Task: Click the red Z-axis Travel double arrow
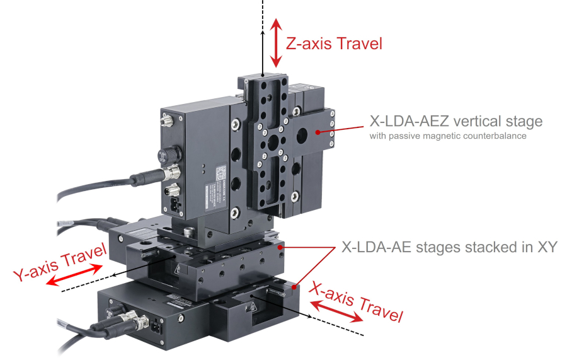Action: [x=275, y=42]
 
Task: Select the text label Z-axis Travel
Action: [x=334, y=44]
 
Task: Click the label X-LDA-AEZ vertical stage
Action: [x=457, y=120]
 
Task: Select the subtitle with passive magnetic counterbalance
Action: [x=449, y=136]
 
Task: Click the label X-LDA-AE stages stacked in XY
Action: [x=449, y=247]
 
